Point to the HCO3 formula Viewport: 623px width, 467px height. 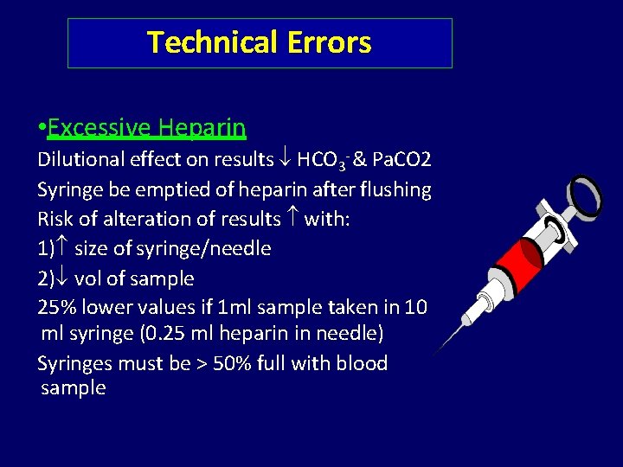point(321,161)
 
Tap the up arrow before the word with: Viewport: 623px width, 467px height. point(292,219)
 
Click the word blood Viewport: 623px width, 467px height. point(363,363)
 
